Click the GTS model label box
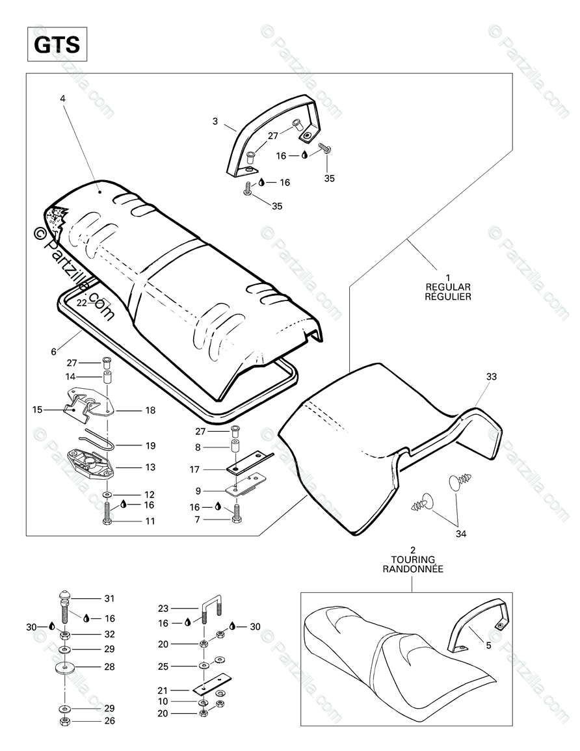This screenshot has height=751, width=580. click(x=57, y=45)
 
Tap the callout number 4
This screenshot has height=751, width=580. click(x=62, y=99)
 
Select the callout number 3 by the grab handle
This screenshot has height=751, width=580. click(x=215, y=121)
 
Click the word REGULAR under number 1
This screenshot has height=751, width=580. click(x=448, y=287)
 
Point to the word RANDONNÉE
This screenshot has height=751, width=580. click(x=412, y=568)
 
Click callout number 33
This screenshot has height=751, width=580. click(x=491, y=376)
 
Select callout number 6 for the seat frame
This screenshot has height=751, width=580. click(x=54, y=352)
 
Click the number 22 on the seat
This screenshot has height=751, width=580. click(x=81, y=302)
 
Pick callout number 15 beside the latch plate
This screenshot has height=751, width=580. click(x=37, y=410)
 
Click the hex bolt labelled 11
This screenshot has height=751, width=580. click(x=107, y=519)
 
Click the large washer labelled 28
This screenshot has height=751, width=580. click(x=66, y=668)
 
